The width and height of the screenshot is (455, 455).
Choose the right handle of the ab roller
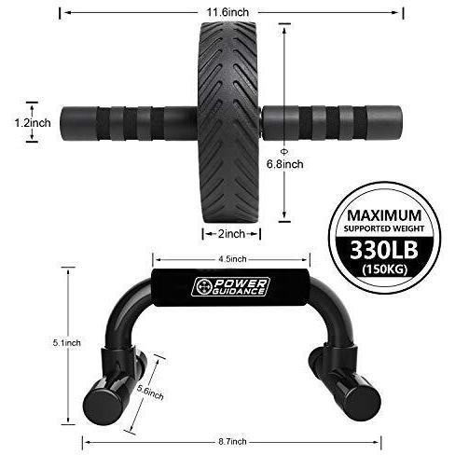click(x=331, y=121)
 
